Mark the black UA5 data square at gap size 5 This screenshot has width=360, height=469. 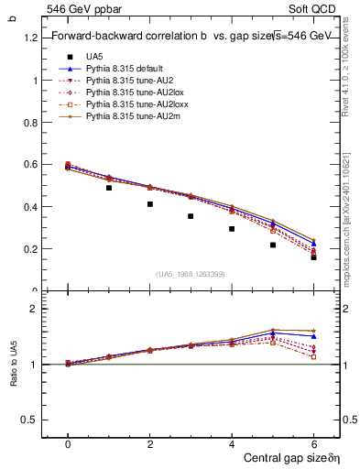coord(273,245)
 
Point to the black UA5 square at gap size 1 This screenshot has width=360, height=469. coord(109,188)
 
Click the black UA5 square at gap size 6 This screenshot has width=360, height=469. coord(313,257)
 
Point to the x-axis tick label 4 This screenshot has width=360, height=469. coord(232,443)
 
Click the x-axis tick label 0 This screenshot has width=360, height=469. coord(68,443)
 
